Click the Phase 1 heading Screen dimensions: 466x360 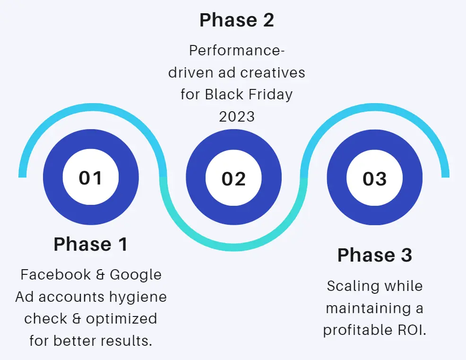pos(91,244)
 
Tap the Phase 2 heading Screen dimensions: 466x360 pos(237,20)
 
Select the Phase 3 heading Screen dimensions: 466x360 pos(375,255)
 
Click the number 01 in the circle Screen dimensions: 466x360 pos(90,177)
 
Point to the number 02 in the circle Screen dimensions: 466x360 pos(233,179)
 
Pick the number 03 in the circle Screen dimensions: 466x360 pos(375,179)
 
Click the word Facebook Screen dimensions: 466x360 pos(56,274)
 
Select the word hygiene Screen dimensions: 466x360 pos(138,297)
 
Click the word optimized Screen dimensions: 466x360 pos(121,319)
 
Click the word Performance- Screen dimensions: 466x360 pos(237,50)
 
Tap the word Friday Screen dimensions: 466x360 pos(270,95)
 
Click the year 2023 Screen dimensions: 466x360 pos(237,117)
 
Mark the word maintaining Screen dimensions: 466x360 pos(367,308)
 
